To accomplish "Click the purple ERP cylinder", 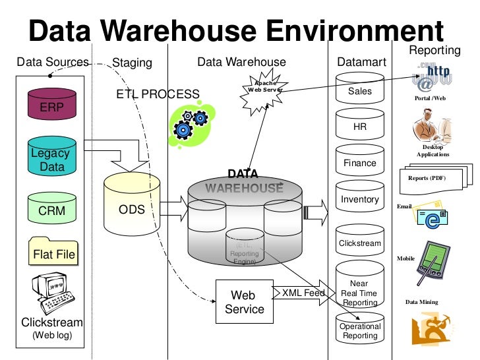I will click(52, 104).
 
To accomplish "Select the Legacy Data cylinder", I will click(52, 159).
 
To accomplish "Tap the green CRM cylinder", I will click(52, 210).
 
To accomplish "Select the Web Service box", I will click(245, 301).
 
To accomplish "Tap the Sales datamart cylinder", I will click(360, 90).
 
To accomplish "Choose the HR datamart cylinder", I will click(360, 126).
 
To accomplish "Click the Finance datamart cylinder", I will click(360, 162).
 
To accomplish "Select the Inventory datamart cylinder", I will click(360, 198).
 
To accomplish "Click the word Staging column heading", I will click(132, 63).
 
